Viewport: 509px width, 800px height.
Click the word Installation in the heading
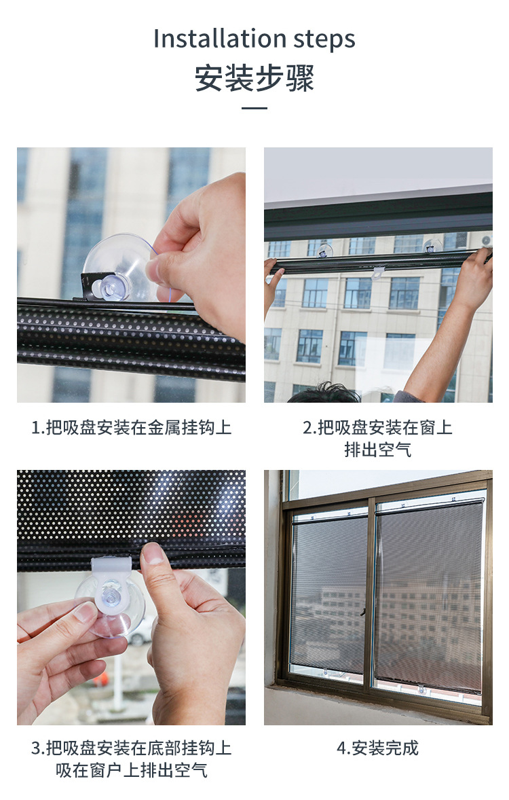[210, 39]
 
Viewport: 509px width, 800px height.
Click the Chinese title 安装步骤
[254, 78]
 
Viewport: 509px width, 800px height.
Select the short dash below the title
[254, 108]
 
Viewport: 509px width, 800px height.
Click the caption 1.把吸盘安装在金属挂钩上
[131, 428]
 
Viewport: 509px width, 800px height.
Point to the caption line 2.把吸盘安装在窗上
[377, 428]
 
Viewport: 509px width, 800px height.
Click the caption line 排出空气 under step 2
[377, 450]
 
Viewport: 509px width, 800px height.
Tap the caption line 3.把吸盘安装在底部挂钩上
[131, 748]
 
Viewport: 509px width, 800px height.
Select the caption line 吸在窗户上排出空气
[131, 770]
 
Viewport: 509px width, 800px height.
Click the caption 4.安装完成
[377, 748]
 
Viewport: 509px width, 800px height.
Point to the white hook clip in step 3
[111, 567]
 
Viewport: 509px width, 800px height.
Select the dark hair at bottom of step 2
[324, 394]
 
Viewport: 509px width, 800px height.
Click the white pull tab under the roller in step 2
[378, 273]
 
